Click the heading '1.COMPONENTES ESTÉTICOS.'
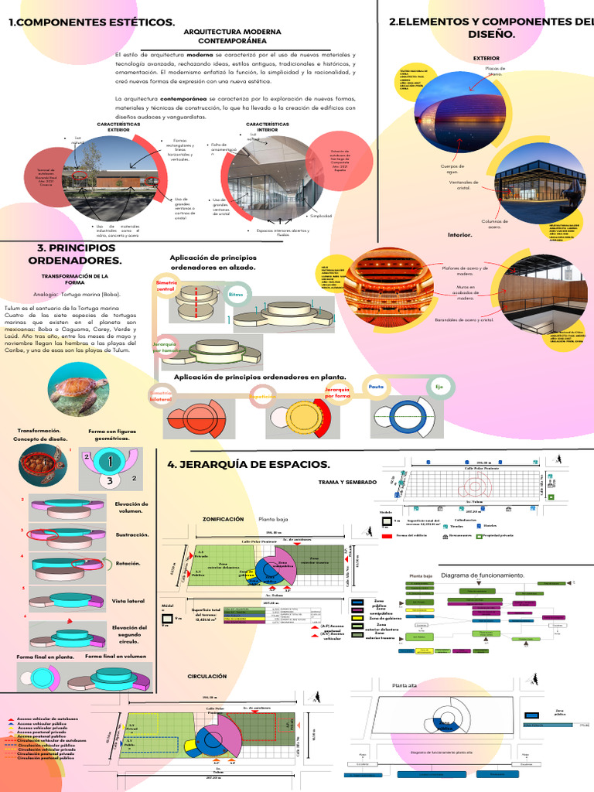click(91, 23)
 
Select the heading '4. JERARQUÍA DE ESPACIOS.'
click(248, 464)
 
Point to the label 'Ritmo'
click(236, 294)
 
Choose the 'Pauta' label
click(376, 386)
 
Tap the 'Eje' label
click(439, 385)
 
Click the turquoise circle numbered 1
click(113, 463)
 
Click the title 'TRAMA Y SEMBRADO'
click(348, 482)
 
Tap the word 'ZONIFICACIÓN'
click(223, 520)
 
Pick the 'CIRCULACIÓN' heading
click(207, 676)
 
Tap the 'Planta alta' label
click(405, 685)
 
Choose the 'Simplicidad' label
click(321, 216)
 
